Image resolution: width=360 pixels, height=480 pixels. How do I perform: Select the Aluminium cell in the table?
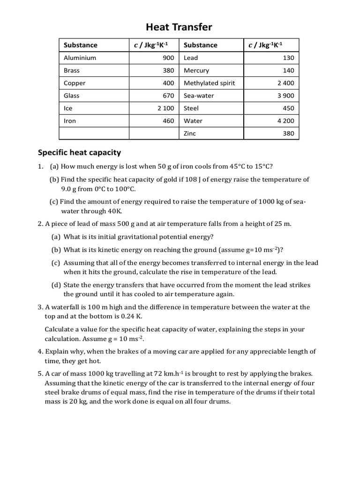point(80,58)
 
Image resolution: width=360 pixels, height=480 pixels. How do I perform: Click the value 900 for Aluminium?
point(168,58)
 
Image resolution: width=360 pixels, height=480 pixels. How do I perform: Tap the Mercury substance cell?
point(196,70)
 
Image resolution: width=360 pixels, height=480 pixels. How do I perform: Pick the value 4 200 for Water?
point(285,120)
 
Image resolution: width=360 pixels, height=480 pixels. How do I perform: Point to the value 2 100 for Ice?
point(165,108)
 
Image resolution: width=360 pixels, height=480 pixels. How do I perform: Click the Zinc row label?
point(190,133)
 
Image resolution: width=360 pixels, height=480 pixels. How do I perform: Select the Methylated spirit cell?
point(209,83)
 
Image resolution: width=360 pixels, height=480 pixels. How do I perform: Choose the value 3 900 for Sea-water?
point(285,96)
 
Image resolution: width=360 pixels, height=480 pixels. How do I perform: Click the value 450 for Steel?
point(288,108)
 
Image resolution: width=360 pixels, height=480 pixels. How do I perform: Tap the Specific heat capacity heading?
point(79,152)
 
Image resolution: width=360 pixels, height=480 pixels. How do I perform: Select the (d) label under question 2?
point(56,285)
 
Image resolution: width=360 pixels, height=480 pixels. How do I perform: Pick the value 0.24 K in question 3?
point(132,316)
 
